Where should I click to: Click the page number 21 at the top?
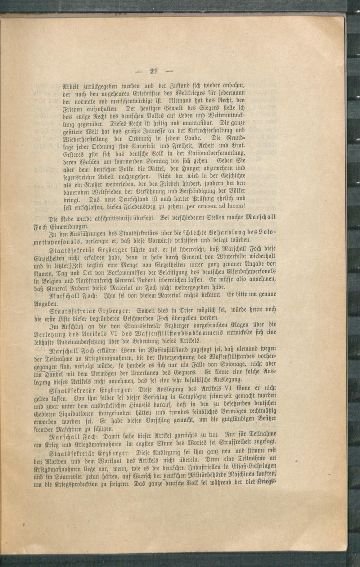point(154,71)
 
